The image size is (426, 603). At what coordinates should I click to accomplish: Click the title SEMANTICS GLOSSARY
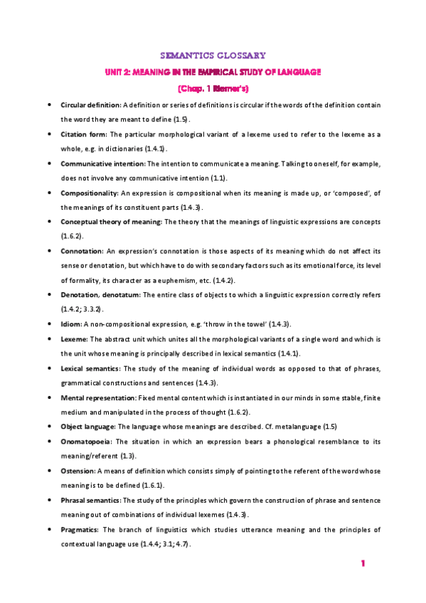pos(213,54)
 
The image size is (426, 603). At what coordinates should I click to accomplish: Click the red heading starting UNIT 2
pos(213,72)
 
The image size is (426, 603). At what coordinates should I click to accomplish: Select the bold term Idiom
pos(70,324)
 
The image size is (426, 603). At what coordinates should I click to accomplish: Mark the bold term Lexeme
pos(74,338)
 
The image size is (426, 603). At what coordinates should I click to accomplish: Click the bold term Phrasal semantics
pos(92,500)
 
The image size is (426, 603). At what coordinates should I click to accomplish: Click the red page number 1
pos(363,564)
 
